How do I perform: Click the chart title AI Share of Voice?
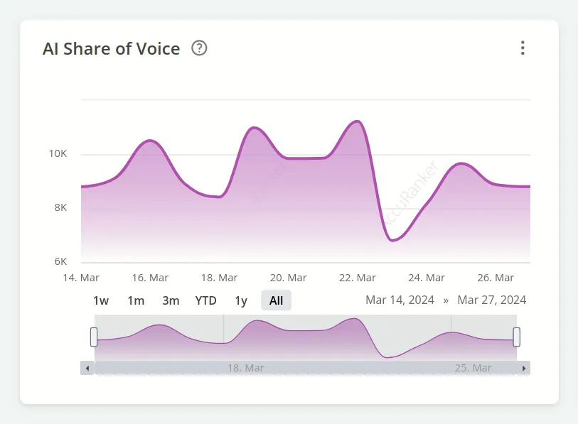(x=112, y=48)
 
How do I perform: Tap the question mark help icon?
(x=200, y=48)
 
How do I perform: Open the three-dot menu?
(x=523, y=48)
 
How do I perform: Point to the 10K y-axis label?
(x=58, y=154)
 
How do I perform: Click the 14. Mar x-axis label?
(x=81, y=278)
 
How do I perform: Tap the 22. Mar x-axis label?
(x=357, y=278)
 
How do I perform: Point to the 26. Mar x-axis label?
(x=495, y=278)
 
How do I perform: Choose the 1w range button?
(x=101, y=300)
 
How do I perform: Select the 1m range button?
(x=136, y=300)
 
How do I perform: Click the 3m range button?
(x=171, y=300)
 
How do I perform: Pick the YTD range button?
(x=206, y=300)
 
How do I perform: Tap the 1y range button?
(x=241, y=300)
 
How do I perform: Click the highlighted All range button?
(x=277, y=300)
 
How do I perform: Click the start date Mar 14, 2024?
(x=400, y=300)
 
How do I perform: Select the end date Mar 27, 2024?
(x=492, y=300)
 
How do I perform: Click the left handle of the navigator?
(x=94, y=337)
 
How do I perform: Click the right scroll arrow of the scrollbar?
(x=524, y=368)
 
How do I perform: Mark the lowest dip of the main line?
(x=393, y=240)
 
